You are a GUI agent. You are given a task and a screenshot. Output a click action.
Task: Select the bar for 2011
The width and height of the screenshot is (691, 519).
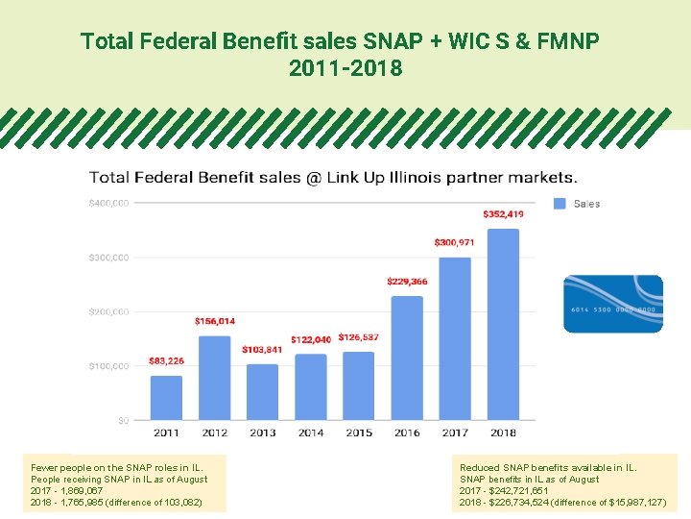click(x=166, y=397)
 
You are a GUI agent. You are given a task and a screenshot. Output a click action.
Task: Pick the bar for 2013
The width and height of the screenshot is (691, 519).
click(x=262, y=391)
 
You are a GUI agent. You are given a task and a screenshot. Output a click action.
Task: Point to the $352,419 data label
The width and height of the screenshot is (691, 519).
click(x=503, y=213)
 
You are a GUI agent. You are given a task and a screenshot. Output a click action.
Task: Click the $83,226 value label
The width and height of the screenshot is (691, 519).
click(x=166, y=361)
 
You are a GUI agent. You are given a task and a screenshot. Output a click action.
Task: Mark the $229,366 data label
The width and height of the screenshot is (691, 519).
click(x=407, y=282)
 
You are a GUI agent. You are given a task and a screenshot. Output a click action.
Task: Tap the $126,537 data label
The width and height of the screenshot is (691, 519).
click(x=358, y=337)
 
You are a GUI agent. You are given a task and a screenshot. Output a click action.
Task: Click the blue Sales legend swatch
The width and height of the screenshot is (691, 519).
click(x=560, y=204)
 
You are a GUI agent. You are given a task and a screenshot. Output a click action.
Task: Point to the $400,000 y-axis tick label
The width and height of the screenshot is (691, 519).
click(x=108, y=203)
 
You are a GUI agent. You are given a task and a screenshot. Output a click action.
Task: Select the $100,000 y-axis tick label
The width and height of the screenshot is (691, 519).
click(x=108, y=366)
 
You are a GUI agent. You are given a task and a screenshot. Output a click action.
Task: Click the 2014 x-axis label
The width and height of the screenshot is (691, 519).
click(x=310, y=432)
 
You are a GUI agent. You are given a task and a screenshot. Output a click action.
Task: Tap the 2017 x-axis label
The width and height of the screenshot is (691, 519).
click(x=455, y=432)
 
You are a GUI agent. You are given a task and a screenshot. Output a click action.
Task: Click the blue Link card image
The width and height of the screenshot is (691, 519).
click(x=612, y=304)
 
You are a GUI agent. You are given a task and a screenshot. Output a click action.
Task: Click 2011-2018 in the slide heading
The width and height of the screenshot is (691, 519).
click(x=345, y=69)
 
